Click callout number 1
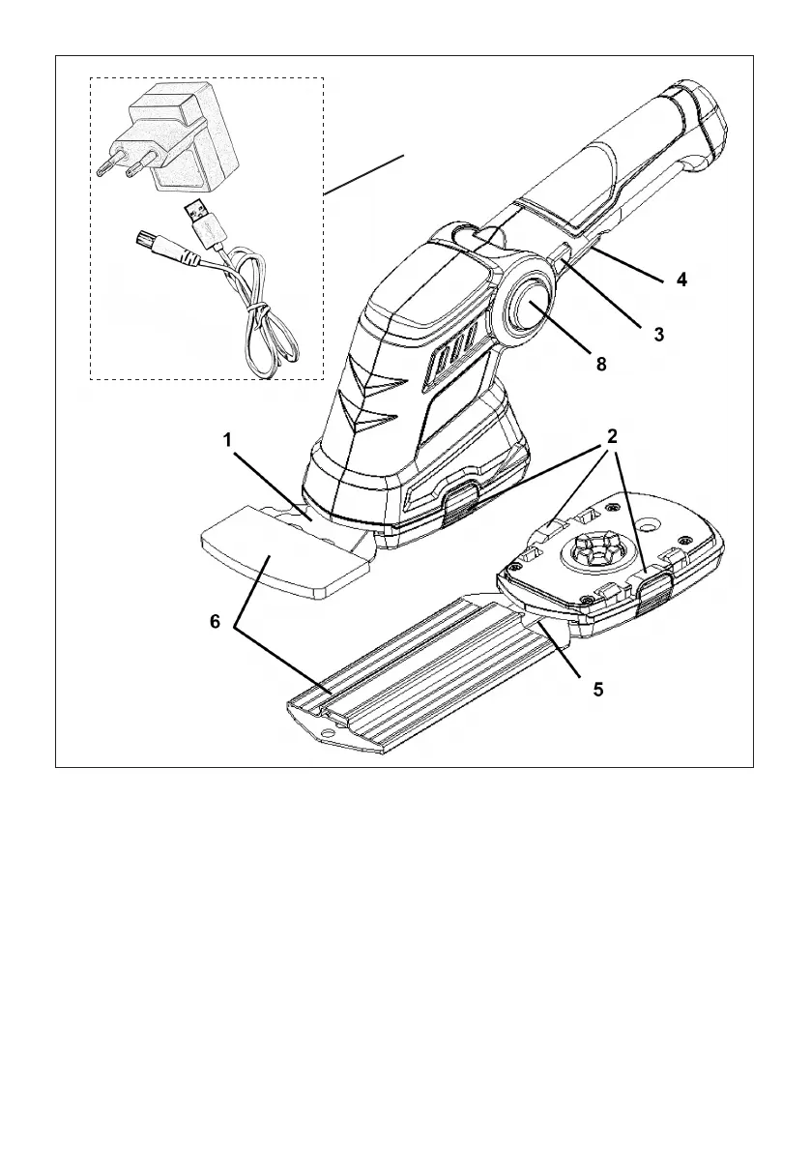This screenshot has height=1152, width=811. click(x=227, y=440)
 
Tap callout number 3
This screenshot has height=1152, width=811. click(x=658, y=335)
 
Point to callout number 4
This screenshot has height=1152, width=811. click(x=681, y=281)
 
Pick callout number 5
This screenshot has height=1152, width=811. click(x=598, y=691)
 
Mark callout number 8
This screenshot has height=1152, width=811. click(x=600, y=365)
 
